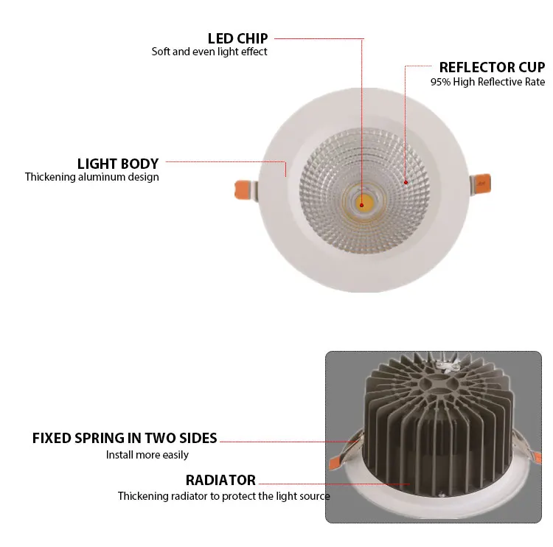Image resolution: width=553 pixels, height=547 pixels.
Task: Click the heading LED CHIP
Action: pyautogui.click(x=237, y=38)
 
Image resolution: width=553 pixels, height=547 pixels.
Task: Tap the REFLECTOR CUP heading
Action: pyautogui.click(x=492, y=67)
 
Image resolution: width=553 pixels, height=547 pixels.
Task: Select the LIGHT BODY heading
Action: pyautogui.click(x=118, y=164)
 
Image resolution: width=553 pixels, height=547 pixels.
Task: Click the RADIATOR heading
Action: pyautogui.click(x=220, y=480)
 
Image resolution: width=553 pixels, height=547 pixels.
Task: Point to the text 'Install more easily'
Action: pyautogui.click(x=147, y=455)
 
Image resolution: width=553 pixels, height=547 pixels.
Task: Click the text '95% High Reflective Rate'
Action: pyautogui.click(x=488, y=82)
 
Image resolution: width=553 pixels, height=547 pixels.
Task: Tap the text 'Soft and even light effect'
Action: pyautogui.click(x=209, y=52)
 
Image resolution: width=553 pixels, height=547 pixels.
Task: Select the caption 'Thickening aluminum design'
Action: pyautogui.click(x=91, y=177)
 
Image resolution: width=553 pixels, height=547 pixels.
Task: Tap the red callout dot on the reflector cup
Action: pyautogui.click(x=406, y=182)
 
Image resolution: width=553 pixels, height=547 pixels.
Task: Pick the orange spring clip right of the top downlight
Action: pyautogui.click(x=483, y=184)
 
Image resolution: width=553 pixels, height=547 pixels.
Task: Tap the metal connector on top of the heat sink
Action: pyautogui.click(x=448, y=366)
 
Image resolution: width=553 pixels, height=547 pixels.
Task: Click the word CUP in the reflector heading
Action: pyautogui.click(x=532, y=67)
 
